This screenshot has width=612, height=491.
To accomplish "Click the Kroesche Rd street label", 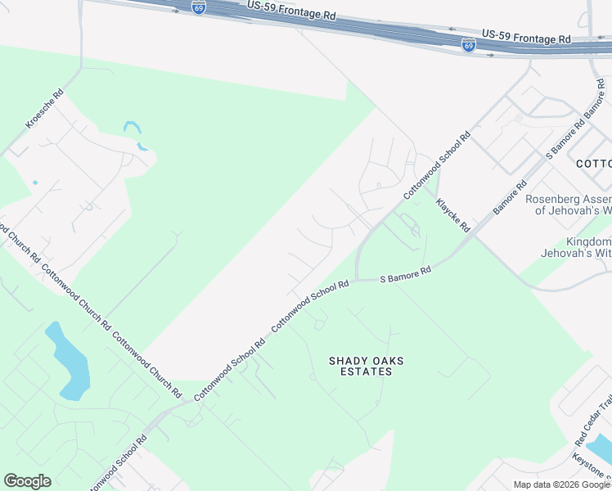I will (45, 108).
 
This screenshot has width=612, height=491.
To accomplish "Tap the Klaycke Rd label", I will (452, 214).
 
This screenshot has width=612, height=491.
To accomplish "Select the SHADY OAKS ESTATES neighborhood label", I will (367, 366).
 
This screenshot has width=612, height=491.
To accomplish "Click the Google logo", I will (27, 481).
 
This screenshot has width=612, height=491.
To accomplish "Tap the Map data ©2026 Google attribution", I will (560, 484).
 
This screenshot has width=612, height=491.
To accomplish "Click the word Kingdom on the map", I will (588, 242).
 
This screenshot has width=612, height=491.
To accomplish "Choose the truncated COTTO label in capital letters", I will (593, 164).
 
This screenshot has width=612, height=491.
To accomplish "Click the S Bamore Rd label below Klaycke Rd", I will (406, 274).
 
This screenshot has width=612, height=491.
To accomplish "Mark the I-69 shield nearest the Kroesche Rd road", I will (198, 7).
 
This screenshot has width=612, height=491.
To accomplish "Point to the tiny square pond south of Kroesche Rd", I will (34, 182).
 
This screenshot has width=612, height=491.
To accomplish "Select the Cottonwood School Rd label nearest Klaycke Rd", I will (438, 165).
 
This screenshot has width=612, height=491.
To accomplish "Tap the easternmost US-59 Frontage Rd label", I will (526, 37).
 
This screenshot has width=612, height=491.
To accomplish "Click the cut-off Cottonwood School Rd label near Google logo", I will (119, 463).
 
